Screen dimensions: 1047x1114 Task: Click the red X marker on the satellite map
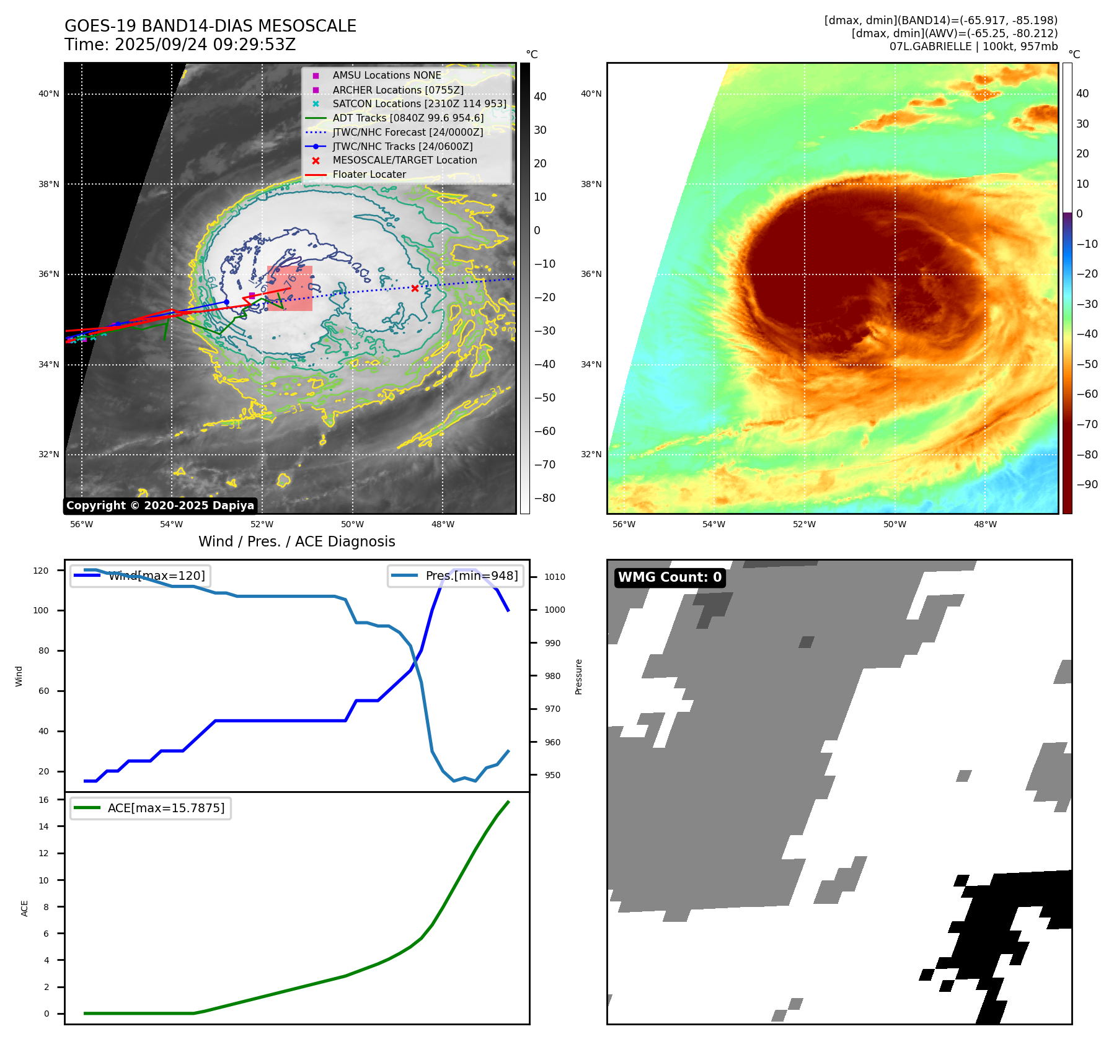415,288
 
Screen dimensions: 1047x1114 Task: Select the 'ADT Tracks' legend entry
408,118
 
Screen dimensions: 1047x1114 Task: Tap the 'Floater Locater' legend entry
369,175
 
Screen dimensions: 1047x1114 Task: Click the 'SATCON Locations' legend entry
419,103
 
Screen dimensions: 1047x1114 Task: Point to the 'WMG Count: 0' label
670,577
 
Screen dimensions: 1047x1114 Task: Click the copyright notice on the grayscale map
160,506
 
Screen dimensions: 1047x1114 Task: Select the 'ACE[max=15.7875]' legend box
151,808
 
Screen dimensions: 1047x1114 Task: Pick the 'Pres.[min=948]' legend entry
456,576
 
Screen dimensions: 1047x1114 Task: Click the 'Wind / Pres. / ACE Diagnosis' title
296,541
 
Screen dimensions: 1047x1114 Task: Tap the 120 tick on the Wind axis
41,571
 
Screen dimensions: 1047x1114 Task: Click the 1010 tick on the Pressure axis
555,577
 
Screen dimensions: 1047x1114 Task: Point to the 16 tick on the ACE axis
44,800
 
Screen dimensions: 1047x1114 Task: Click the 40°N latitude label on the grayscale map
49,94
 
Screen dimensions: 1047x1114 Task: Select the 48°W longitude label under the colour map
985,525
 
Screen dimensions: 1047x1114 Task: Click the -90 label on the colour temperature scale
1087,484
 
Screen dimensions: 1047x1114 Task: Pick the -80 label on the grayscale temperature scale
545,498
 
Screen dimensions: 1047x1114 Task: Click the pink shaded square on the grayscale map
290,288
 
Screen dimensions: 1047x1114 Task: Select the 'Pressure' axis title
578,677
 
